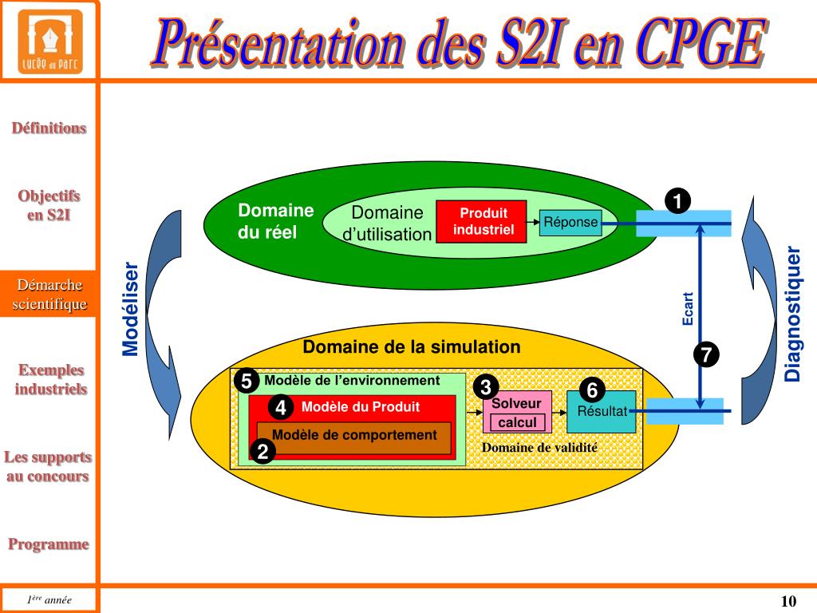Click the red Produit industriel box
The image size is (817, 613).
tap(481, 222)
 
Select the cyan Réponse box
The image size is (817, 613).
tap(570, 222)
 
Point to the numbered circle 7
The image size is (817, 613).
tap(706, 354)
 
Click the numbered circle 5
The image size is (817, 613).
tap(247, 382)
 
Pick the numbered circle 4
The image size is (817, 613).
tap(280, 408)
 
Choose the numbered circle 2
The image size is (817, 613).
tap(262, 452)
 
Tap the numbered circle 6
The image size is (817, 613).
tap(592, 390)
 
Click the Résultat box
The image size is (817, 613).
tap(602, 412)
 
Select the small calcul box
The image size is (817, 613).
tap(518, 422)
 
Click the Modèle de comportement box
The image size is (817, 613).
tap(354, 436)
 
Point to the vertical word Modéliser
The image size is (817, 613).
tap(131, 309)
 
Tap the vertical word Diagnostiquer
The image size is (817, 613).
tap(792, 314)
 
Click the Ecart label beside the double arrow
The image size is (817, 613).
tap(688, 308)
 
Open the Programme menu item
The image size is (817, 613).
tap(49, 544)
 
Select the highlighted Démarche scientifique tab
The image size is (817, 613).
tap(49, 295)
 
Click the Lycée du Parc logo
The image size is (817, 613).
tap(49, 41)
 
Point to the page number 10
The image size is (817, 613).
tap(788, 601)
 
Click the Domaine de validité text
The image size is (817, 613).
tap(539, 448)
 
